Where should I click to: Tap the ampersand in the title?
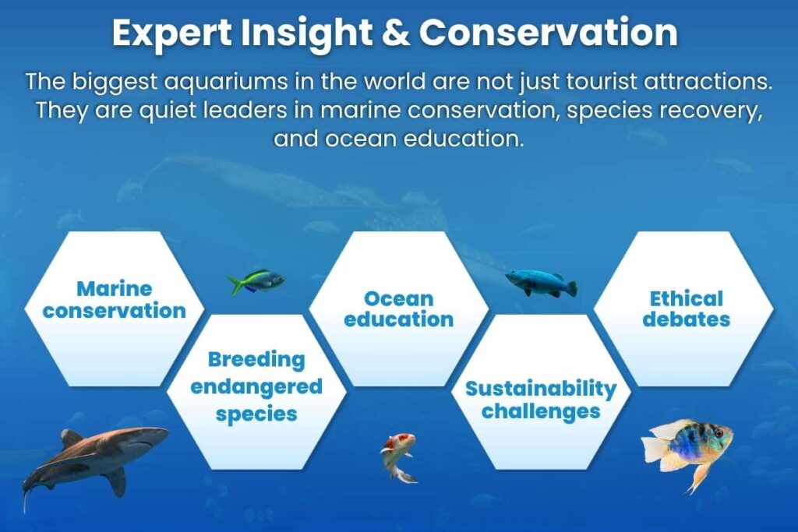pos(395,33)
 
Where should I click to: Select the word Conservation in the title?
pos(549,33)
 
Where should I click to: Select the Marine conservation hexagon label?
pos(115,300)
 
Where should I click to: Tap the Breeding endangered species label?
pos(256,386)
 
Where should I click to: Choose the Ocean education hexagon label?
pos(398,309)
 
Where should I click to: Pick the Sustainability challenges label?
pos(541,399)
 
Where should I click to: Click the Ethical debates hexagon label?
pos(686,308)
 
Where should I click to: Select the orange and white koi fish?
pos(398,455)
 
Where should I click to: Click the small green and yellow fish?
pos(256,281)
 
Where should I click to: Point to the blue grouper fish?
pos(540,282)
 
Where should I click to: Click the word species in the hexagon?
pos(256,414)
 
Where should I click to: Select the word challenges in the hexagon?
pos(541,411)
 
